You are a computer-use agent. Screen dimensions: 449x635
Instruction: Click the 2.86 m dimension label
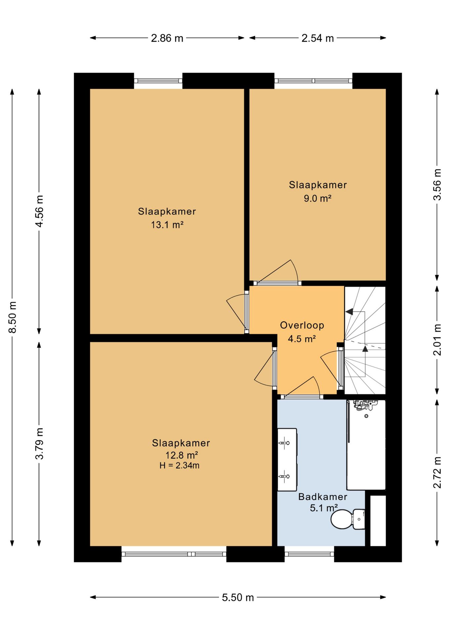(167, 38)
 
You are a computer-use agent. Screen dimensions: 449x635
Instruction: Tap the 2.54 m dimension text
(317, 38)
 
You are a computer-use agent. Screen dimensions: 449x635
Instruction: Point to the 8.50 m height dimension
(13, 317)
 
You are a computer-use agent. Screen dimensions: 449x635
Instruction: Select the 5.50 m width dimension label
(238, 597)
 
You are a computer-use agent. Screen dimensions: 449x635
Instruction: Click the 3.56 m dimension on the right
(437, 185)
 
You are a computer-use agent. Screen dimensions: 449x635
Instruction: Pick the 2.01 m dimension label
(437, 340)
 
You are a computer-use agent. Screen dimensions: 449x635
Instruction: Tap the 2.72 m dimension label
(437, 472)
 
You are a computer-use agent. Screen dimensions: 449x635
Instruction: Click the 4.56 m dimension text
(39, 211)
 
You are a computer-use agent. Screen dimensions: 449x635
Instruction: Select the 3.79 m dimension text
(39, 444)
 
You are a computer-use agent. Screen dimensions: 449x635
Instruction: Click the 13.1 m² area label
(167, 225)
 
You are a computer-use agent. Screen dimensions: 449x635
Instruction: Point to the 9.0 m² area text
(317, 198)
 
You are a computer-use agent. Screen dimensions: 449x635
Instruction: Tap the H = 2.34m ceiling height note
(179, 466)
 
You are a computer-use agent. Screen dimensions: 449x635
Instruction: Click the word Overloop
(302, 325)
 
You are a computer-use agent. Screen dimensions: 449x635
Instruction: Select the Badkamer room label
(323, 497)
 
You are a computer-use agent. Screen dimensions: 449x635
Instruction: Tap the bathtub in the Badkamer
(366, 445)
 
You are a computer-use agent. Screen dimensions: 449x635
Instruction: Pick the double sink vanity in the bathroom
(287, 460)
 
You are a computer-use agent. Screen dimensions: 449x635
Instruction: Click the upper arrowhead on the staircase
(349, 312)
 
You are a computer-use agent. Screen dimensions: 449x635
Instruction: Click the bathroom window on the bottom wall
(309, 554)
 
